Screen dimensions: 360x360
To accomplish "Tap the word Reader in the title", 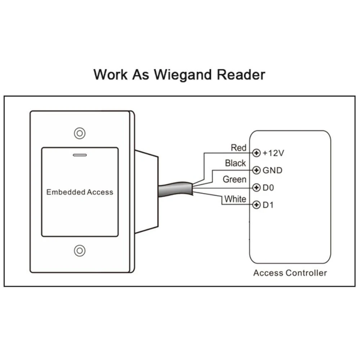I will pos(241,75).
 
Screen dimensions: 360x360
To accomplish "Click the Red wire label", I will pos(239,148).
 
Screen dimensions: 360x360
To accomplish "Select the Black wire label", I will pos(235,163).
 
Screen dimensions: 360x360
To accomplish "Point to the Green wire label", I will pos(235,179).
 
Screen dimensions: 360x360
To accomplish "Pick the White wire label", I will pos(235,199).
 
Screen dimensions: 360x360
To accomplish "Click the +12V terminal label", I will pos(274,153).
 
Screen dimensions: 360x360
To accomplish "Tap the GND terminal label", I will pos(273,170).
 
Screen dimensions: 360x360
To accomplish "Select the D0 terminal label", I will pos(268,188).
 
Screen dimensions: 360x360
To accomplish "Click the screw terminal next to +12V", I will pos(256,153).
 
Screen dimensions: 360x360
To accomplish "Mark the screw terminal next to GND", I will pos(256,170).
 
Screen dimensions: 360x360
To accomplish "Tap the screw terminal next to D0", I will pos(256,188).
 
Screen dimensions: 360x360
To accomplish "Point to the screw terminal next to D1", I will pos(256,205).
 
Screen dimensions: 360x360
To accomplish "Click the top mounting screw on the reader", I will pos(80,133).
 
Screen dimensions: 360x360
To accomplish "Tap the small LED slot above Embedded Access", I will pos(80,156).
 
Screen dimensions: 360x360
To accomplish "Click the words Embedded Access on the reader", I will pos(80,192).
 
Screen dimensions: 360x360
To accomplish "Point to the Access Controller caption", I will pos(290,273).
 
